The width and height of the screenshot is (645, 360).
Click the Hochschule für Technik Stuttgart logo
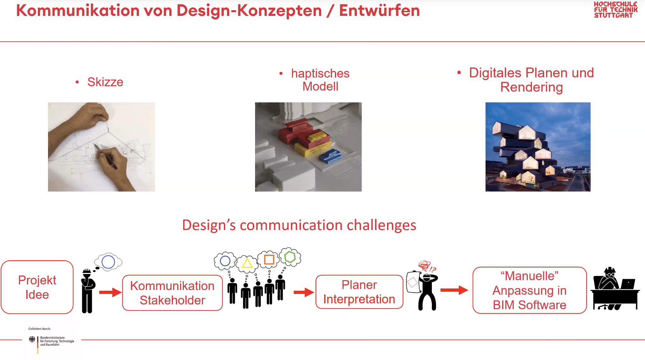point(615,10)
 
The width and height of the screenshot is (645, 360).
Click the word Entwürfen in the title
point(379,11)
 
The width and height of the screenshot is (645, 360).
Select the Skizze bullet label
point(105,82)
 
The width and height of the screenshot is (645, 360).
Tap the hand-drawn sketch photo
point(101,147)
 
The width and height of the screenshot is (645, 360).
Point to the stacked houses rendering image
point(537,147)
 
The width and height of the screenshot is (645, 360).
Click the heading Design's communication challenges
point(299,225)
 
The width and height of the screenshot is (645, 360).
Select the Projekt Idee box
point(37,287)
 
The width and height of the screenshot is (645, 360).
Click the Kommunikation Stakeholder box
point(172,293)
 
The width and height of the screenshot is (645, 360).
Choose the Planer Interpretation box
point(359,292)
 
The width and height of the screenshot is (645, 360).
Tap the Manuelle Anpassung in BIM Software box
point(529,290)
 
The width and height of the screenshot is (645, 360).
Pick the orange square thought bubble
point(269,260)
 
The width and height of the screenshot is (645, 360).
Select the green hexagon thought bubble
point(290,257)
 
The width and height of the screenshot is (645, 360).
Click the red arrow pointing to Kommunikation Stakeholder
point(110,292)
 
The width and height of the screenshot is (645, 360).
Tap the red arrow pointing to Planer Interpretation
point(303,292)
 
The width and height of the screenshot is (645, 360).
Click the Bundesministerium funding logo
point(51,341)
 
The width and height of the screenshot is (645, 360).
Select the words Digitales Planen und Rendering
point(531,80)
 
